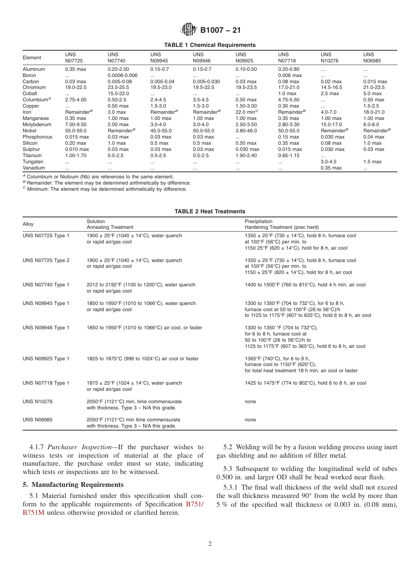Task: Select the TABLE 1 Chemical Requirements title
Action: [x=210, y=45]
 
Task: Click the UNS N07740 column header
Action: [x=116, y=58]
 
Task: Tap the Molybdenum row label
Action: [x=37, y=124]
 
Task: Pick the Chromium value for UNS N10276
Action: [x=331, y=88]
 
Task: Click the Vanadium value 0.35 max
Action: [x=331, y=168]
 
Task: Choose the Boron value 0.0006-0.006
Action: [x=122, y=75]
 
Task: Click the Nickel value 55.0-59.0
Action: [x=76, y=131]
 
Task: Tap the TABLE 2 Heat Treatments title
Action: [x=210, y=212]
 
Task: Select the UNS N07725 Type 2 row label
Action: [x=46, y=260]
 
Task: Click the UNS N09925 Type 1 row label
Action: [x=46, y=359]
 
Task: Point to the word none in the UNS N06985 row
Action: [x=250, y=420]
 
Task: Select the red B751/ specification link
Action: [x=195, y=504]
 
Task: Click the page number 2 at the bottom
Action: [x=210, y=544]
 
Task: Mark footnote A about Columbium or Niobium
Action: [x=98, y=177]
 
